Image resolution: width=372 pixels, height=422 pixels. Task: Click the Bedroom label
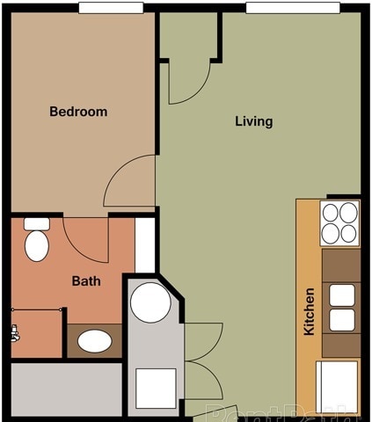point(78,112)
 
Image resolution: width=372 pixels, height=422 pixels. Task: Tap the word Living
point(253,121)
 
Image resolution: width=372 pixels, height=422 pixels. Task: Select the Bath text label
point(85,282)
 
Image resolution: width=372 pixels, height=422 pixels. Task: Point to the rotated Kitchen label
point(309,311)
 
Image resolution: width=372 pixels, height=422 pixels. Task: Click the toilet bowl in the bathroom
point(37,244)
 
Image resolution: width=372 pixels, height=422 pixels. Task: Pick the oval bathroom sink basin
point(94,340)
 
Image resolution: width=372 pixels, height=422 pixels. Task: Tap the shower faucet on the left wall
point(14,332)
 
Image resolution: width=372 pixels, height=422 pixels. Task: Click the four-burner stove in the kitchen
point(340,223)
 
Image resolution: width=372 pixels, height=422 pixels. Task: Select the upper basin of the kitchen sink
point(342,295)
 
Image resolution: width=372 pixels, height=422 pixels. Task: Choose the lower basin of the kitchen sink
point(342,319)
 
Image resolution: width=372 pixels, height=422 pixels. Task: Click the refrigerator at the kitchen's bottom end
point(338,385)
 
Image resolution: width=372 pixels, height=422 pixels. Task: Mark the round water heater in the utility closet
point(150,302)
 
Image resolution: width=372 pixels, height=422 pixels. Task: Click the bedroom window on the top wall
point(111,8)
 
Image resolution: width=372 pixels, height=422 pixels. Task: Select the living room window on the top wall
point(292,8)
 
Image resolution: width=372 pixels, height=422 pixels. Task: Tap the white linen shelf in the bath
point(145,244)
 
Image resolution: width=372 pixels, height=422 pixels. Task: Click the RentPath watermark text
point(281,411)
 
